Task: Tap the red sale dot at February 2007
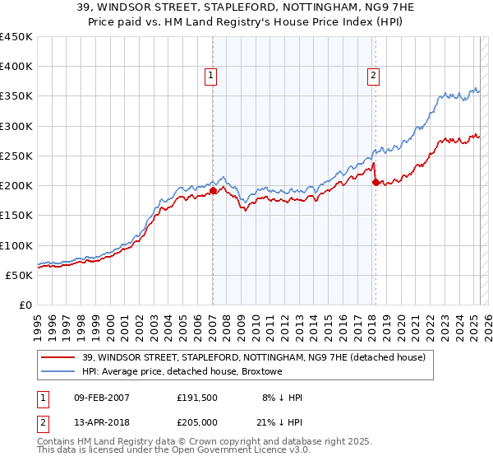point(213,190)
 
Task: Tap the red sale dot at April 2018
point(376,183)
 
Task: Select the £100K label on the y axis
point(16,245)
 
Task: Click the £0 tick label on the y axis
point(25,305)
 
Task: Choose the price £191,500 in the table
point(198,398)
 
